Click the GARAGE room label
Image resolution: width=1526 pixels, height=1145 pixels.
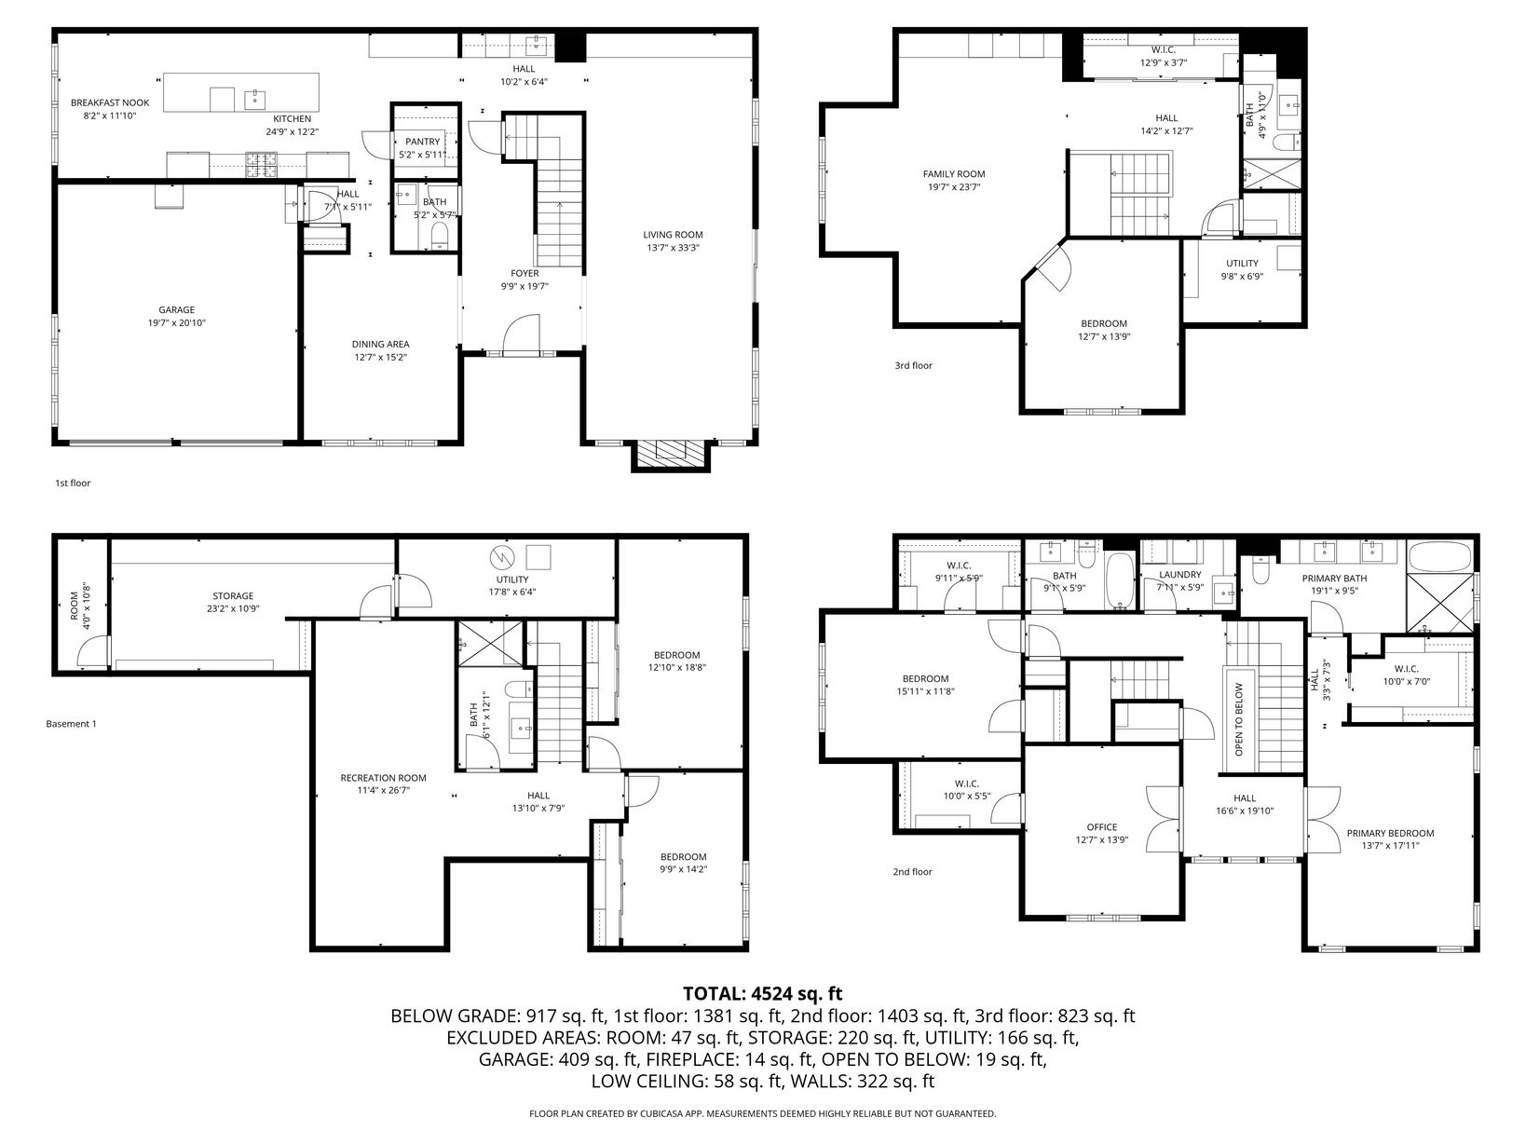(x=177, y=310)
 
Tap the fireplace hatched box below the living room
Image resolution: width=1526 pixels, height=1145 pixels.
(x=670, y=456)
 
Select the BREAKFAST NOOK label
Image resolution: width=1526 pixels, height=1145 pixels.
(x=110, y=102)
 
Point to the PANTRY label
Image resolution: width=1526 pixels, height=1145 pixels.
(x=423, y=142)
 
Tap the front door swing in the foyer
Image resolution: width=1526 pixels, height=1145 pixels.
(x=521, y=334)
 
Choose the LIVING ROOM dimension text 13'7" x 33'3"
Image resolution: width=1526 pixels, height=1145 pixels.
(x=673, y=248)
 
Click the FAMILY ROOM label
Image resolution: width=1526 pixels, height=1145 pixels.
(x=954, y=174)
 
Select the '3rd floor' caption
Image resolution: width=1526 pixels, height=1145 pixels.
(x=913, y=366)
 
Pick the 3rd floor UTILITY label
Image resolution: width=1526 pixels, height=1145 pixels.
(x=1242, y=264)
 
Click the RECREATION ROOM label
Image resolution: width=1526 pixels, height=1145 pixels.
(x=383, y=778)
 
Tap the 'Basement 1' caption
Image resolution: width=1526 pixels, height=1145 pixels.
(x=71, y=724)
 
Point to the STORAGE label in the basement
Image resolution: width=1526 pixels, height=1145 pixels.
(x=233, y=595)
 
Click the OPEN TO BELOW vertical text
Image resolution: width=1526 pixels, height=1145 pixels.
(x=1239, y=719)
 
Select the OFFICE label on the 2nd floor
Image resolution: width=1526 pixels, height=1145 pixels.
(x=1102, y=827)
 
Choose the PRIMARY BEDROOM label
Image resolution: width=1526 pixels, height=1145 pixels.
(x=1390, y=834)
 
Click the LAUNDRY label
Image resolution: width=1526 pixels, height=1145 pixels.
(x=1179, y=575)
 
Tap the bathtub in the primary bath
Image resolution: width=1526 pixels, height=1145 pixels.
(x=1439, y=557)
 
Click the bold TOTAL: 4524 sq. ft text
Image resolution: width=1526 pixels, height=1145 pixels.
(x=763, y=993)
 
